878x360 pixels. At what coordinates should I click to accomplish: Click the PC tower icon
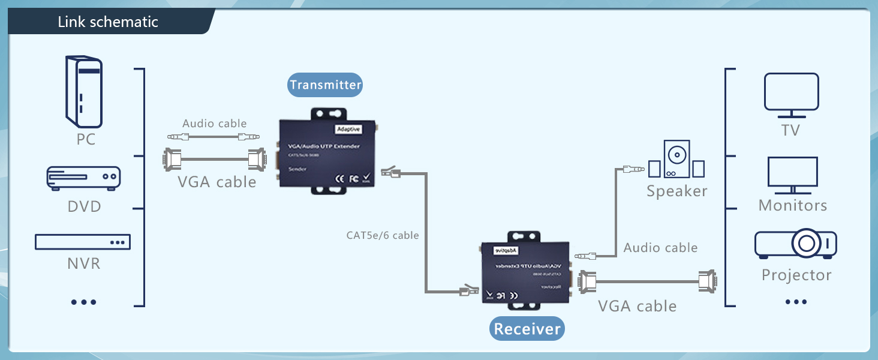coord(84,91)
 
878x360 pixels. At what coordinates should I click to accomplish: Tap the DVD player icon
coord(84,178)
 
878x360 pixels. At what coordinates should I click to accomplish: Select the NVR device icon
coord(83,242)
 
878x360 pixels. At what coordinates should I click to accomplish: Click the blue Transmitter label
coord(325,85)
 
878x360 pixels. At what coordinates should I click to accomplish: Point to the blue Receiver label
coord(527,329)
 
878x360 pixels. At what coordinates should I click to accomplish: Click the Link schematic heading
coord(108,22)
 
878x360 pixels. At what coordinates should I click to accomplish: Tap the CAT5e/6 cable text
coord(383,235)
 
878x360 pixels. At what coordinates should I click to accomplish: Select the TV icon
coord(791,95)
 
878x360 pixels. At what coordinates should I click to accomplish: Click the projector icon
coord(795,244)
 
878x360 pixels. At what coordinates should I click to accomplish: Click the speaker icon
coord(676,159)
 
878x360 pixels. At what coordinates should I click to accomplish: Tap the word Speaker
coord(676,191)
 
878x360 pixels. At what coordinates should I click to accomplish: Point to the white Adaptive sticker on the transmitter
coord(348,129)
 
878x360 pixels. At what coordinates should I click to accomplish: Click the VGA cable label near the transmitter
coord(217,182)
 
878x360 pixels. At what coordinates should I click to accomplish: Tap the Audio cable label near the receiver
coord(660,248)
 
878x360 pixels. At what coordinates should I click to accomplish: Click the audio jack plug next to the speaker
coord(634,170)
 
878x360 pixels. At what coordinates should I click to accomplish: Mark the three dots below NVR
coord(83,302)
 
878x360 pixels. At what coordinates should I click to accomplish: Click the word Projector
coord(796,275)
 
